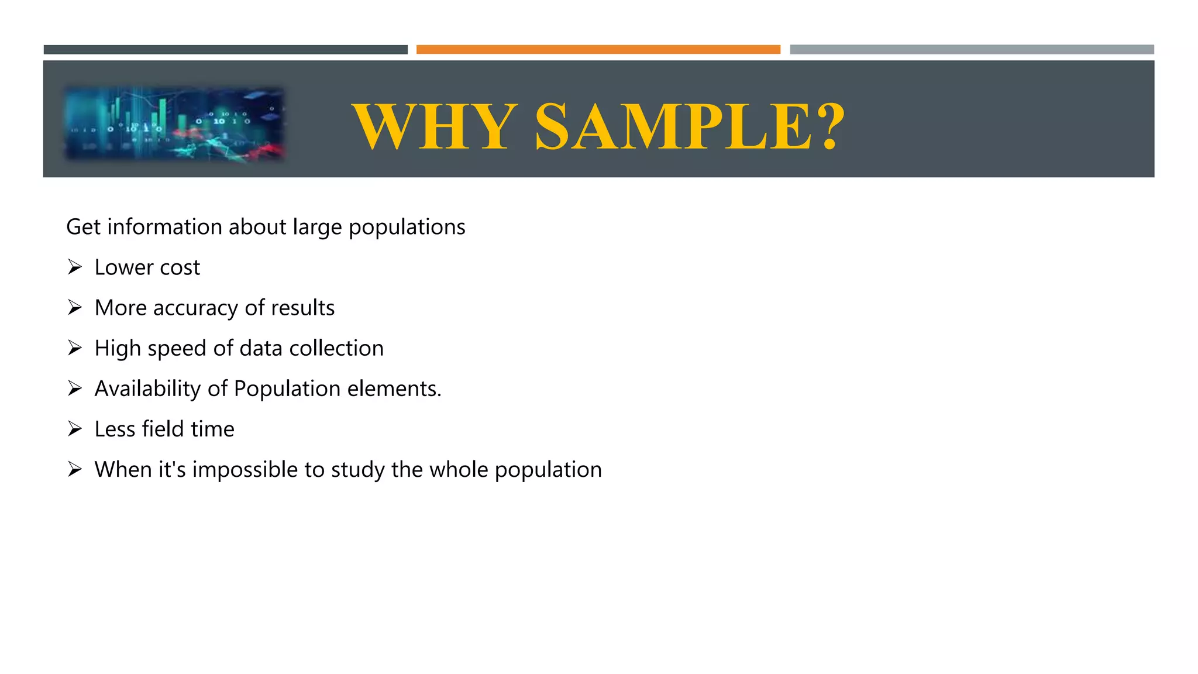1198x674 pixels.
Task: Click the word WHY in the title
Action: pyautogui.click(x=435, y=126)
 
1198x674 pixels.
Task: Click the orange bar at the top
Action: pyautogui.click(x=598, y=50)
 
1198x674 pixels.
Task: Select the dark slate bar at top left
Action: pyautogui.click(x=225, y=50)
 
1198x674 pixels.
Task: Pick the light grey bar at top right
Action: pyautogui.click(x=972, y=50)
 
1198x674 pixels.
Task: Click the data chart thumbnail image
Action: pyautogui.click(x=174, y=123)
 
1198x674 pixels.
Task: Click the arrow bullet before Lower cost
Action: pyautogui.click(x=74, y=267)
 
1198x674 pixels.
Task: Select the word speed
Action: pyautogui.click(x=177, y=349)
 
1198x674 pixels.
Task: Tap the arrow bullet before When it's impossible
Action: pyautogui.click(x=74, y=469)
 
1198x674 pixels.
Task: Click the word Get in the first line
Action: pyautogui.click(x=83, y=227)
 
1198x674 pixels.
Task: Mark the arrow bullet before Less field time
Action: pyautogui.click(x=74, y=429)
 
